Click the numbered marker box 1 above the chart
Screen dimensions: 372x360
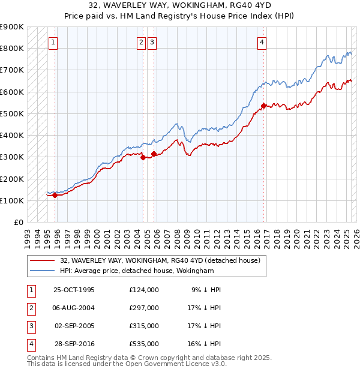pos(54,42)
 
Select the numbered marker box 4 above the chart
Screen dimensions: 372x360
pos(263,42)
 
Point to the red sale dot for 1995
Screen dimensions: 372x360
pos(55,195)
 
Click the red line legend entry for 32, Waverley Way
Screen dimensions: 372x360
pos(160,260)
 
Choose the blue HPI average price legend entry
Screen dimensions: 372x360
pos(137,271)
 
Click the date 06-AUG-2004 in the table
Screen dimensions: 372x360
pos(74,308)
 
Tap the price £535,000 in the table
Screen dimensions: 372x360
pos(144,344)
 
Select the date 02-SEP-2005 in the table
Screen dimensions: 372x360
pos(74,326)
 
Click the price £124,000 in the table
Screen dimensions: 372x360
pos(144,290)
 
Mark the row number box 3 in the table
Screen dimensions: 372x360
pos(29,326)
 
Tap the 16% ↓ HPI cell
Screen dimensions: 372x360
pos(205,344)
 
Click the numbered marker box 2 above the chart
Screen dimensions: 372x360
pos(141,42)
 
